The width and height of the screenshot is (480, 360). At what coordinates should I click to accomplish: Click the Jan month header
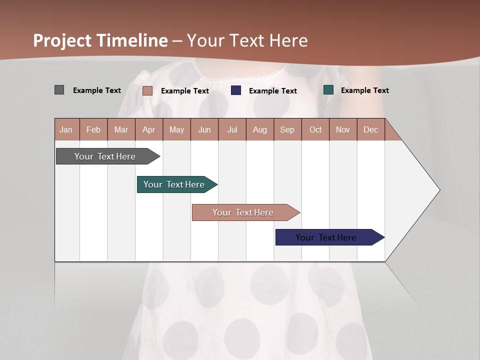point(66,129)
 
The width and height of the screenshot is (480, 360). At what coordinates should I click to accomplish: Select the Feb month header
point(93,129)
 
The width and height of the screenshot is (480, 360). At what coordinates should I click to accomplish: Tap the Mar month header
point(121,129)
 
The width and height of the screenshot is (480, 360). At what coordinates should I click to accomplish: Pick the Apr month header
point(149,129)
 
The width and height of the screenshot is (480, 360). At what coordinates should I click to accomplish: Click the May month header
point(176,129)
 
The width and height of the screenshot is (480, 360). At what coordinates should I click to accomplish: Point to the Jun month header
point(204,129)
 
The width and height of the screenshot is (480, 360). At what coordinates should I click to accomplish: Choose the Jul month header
point(232,129)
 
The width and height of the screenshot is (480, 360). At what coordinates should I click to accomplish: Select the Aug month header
point(260,129)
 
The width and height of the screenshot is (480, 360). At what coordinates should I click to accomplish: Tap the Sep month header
point(287,129)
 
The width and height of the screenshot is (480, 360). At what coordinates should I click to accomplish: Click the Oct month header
point(315,129)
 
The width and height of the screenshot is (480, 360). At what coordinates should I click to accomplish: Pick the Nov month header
point(343,129)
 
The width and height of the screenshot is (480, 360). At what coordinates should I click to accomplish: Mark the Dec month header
point(370,129)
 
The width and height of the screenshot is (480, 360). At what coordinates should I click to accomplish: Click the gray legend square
point(59,90)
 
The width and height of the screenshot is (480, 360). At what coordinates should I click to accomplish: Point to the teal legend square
point(328,90)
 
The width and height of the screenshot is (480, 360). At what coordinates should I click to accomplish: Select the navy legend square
point(236,90)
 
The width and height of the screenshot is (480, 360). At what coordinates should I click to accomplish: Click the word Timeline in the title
point(132,40)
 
